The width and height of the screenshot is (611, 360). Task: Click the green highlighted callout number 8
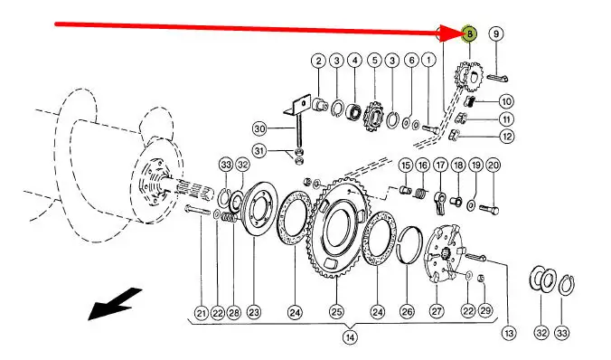[x=470, y=34]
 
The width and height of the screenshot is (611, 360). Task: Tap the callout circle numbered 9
[x=495, y=33]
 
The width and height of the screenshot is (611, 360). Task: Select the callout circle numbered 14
[x=350, y=337]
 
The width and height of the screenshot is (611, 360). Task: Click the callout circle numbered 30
[x=259, y=128]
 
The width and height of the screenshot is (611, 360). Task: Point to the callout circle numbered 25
[x=336, y=312]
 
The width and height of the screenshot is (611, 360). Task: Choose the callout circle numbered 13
[x=509, y=333]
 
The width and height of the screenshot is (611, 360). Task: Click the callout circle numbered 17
[x=441, y=165]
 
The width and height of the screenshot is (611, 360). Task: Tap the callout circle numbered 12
[x=506, y=136]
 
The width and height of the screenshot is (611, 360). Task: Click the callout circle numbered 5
[x=374, y=61]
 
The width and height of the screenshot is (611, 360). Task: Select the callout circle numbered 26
[x=408, y=312]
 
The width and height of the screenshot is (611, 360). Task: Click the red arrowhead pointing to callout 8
[x=448, y=33]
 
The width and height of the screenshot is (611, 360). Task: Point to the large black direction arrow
[x=115, y=303]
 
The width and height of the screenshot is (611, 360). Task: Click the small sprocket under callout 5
[x=373, y=116]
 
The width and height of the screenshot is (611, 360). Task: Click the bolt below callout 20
[x=489, y=210]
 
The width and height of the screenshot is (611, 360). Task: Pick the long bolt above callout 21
[x=198, y=210]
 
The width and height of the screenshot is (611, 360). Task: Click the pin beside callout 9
[x=497, y=78]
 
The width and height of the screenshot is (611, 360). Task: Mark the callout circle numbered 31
[x=259, y=150]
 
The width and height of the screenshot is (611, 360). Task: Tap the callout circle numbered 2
[x=319, y=61]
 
